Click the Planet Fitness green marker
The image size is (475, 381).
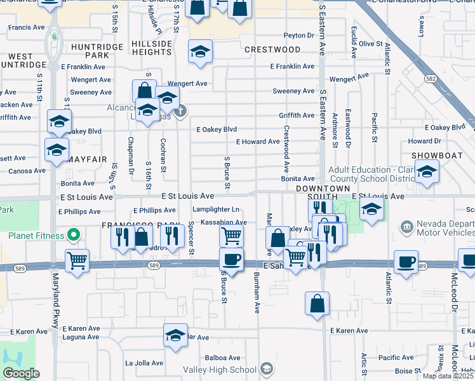[x=73, y=236]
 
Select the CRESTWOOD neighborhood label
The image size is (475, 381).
[x=272, y=50]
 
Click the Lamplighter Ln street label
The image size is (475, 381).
[x=217, y=210]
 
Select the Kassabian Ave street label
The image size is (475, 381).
[x=224, y=222]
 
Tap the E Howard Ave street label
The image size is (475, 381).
[x=258, y=142]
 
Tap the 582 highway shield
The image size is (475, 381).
[x=431, y=78]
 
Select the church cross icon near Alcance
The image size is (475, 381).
[x=181, y=112]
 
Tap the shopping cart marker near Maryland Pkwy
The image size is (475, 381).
[x=77, y=260]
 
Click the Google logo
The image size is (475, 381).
[x=21, y=373]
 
